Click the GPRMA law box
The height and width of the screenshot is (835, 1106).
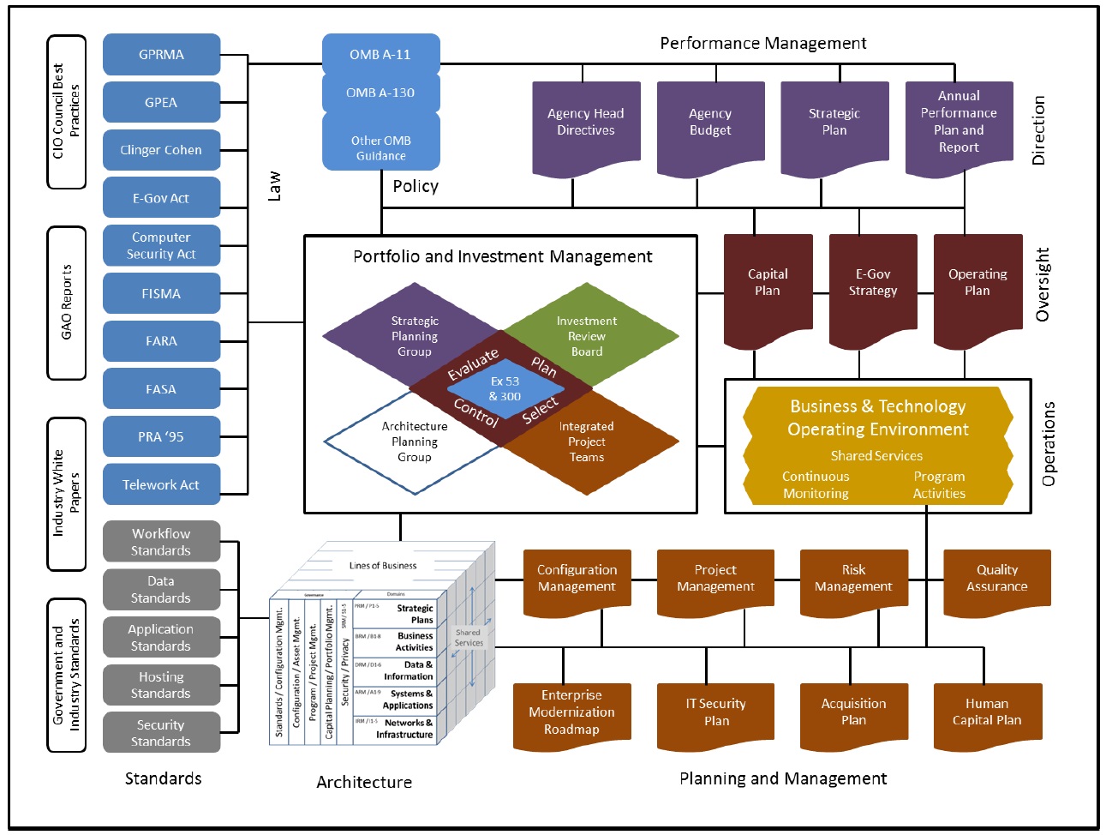click(161, 55)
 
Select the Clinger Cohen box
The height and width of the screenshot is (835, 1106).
click(161, 150)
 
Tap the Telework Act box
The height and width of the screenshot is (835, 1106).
click(161, 485)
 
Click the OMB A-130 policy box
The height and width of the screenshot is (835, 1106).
click(380, 93)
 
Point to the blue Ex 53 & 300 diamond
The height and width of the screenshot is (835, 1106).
click(505, 389)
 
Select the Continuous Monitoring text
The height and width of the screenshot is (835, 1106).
click(816, 485)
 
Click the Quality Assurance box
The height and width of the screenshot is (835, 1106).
click(996, 579)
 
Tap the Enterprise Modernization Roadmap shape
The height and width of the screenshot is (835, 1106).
click(571, 712)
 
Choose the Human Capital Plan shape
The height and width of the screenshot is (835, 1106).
click(987, 712)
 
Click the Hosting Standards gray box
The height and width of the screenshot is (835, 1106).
click(161, 686)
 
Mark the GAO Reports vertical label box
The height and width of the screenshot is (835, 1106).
click(66, 303)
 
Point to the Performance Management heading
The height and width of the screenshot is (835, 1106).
click(762, 44)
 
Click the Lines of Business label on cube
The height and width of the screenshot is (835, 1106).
click(382, 566)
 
